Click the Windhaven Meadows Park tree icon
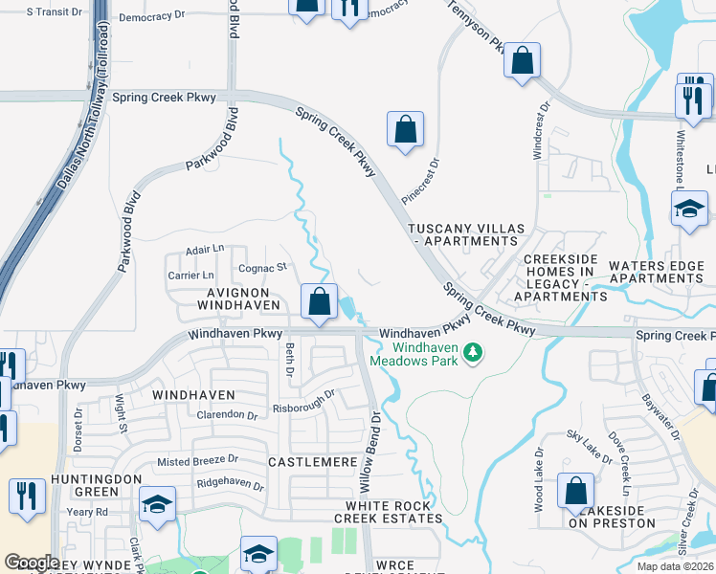click(x=472, y=354)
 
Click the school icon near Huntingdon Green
click(x=158, y=504)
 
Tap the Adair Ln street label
click(x=204, y=249)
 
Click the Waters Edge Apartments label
click(x=656, y=272)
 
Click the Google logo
click(x=32, y=563)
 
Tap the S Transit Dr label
click(x=55, y=11)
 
